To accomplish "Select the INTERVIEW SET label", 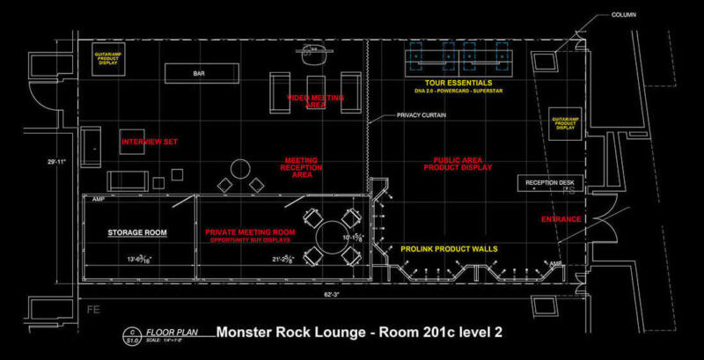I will pos(149,142).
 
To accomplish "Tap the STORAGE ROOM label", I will pos(137,232).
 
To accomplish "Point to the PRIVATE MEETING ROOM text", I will pos(250,231).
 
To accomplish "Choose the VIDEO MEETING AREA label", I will pos(316,100).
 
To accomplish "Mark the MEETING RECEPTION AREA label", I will pos(300,167).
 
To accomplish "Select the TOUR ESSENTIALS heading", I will pos(455,82).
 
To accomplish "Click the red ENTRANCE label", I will pos(560,218).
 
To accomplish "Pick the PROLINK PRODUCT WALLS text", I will pos(449,249).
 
